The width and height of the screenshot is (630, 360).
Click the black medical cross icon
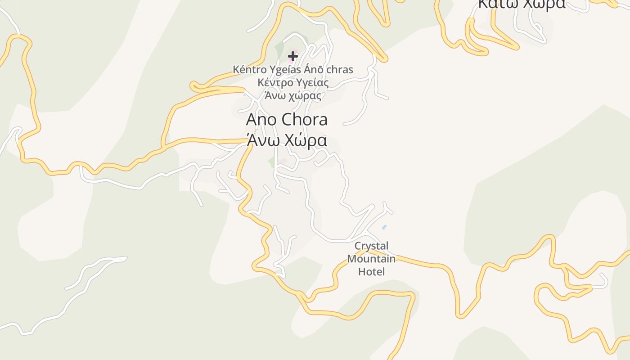click(x=293, y=56)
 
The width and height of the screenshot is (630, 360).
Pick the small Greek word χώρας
click(x=306, y=96)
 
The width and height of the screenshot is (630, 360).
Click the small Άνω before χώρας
click(x=275, y=95)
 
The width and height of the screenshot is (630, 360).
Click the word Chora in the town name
click(x=304, y=120)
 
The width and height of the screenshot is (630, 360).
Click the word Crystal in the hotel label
click(x=371, y=246)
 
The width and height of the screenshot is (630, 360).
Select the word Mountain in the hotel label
click(x=371, y=259)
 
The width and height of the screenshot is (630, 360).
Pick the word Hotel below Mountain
click(x=371, y=271)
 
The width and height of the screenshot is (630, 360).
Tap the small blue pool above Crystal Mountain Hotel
click(x=384, y=227)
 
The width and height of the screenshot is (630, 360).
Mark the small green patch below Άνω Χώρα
click(x=271, y=162)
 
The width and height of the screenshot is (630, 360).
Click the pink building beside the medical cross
click(x=295, y=52)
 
